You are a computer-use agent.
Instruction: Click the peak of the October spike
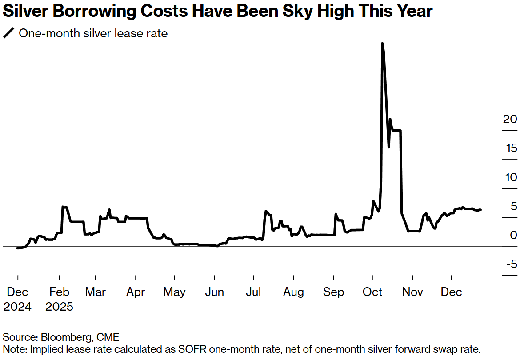(x=382, y=43)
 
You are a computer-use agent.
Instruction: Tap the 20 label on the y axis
(x=510, y=119)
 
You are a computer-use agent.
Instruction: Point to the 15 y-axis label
(x=511, y=148)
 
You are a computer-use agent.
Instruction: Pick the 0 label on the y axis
(x=513, y=235)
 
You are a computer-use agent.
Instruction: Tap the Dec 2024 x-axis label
(x=18, y=299)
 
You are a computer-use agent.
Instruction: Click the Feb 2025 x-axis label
(x=59, y=299)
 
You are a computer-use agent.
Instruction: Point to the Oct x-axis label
(x=372, y=292)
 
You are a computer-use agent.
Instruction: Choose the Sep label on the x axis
(x=333, y=292)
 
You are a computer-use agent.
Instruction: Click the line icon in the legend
(x=8, y=33)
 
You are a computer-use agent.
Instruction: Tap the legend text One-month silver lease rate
(x=93, y=33)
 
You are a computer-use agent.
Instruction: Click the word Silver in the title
(x=25, y=11)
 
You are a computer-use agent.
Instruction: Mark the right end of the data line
(x=481, y=210)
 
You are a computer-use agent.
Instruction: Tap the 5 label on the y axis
(x=513, y=206)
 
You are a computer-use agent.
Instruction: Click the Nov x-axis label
(x=412, y=292)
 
